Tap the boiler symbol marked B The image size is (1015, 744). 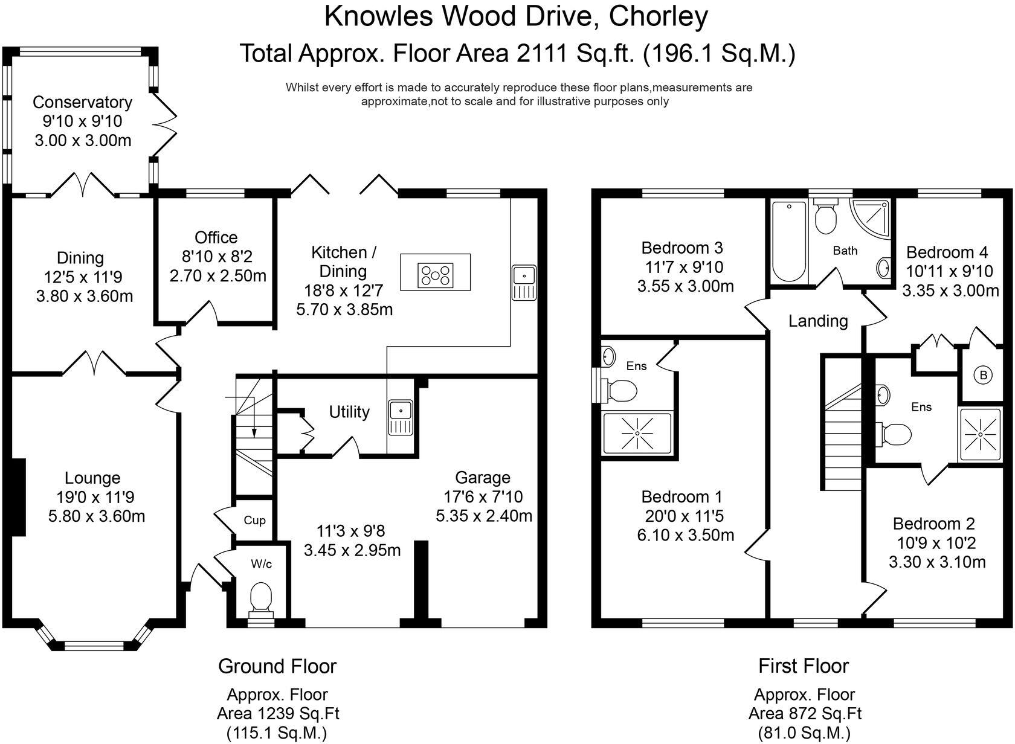pos(983,376)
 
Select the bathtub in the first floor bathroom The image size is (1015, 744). pos(788,241)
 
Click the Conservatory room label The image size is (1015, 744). pos(82,102)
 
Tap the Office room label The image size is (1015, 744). pos(216,237)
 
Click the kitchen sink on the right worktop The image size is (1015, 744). pos(523,281)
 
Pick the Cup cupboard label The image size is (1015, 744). pos(254,521)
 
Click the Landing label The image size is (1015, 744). pos(818,321)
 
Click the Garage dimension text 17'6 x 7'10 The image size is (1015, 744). pos(483,497)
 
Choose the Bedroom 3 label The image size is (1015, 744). pos(682,248)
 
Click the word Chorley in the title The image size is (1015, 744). pos(658,16)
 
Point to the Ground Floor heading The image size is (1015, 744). pos(277,666)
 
